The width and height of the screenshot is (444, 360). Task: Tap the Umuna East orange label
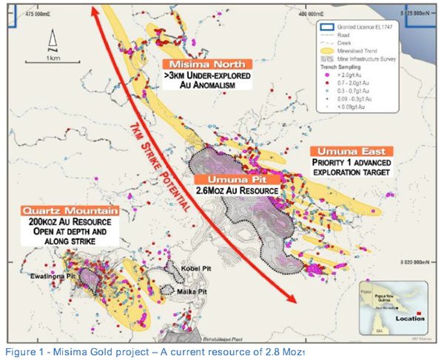tap(348, 150)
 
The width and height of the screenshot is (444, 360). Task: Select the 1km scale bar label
tap(53, 57)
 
